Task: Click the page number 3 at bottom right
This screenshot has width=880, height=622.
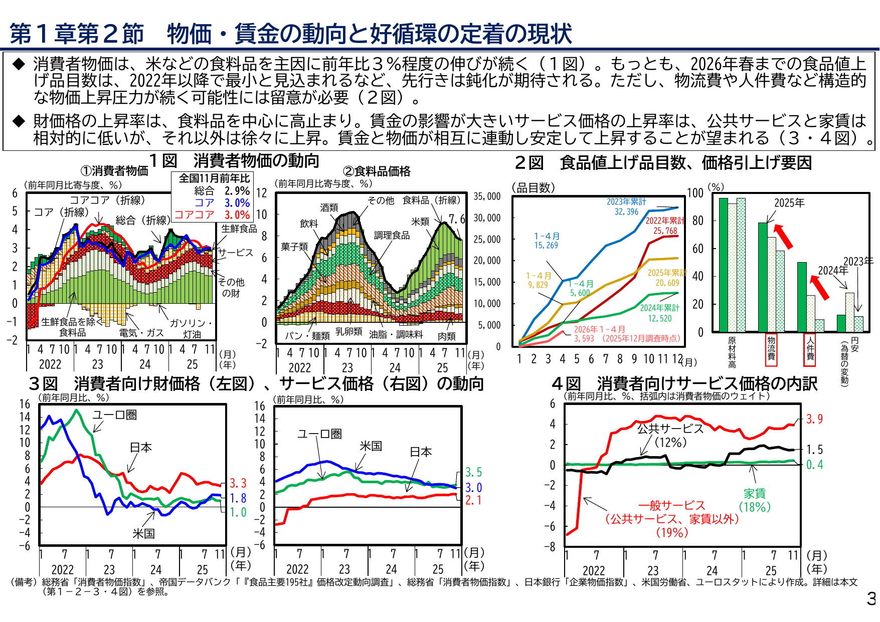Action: (x=871, y=599)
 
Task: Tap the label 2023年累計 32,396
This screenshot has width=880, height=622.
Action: (x=626, y=206)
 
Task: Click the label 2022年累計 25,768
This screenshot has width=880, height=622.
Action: (x=665, y=226)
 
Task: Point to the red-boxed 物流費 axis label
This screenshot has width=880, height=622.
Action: (x=771, y=348)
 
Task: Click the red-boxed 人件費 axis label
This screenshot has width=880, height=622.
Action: (x=810, y=348)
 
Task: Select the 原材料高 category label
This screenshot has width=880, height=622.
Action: (x=732, y=352)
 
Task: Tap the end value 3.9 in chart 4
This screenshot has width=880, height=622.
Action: (x=814, y=419)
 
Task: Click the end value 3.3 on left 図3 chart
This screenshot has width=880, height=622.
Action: (x=238, y=483)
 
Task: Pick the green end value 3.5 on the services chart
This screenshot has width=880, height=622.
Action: (x=473, y=472)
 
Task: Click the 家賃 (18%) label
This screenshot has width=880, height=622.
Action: (x=755, y=500)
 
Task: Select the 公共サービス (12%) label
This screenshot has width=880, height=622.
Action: (x=670, y=435)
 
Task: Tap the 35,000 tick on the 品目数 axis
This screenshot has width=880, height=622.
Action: (x=487, y=196)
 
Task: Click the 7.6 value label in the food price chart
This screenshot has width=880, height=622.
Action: (x=456, y=220)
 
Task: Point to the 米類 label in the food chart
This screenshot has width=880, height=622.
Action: (x=420, y=222)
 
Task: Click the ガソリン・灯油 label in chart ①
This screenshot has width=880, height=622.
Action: (x=191, y=328)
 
